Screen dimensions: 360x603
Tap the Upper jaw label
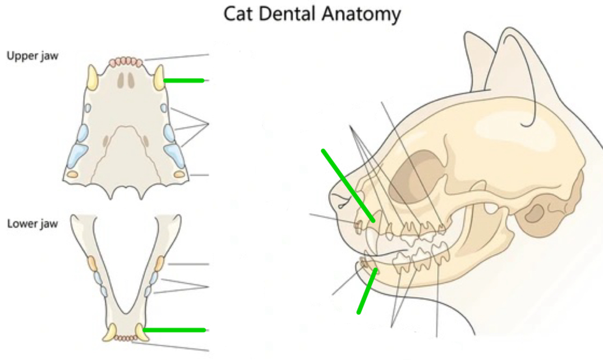coord(32,56)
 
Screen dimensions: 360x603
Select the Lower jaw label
coord(32,225)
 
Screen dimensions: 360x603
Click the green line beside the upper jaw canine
coord(184,81)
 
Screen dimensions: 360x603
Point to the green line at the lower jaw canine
coord(174,330)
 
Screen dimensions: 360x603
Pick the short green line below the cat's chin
coord(367,290)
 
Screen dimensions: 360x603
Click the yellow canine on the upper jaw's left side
coord(92,78)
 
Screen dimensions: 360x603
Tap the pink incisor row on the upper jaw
coord(126,61)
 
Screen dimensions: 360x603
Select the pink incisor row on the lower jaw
coord(125,338)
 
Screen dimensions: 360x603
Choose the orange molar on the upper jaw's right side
coord(179,174)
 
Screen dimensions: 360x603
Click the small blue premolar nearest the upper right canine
coord(164,108)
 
